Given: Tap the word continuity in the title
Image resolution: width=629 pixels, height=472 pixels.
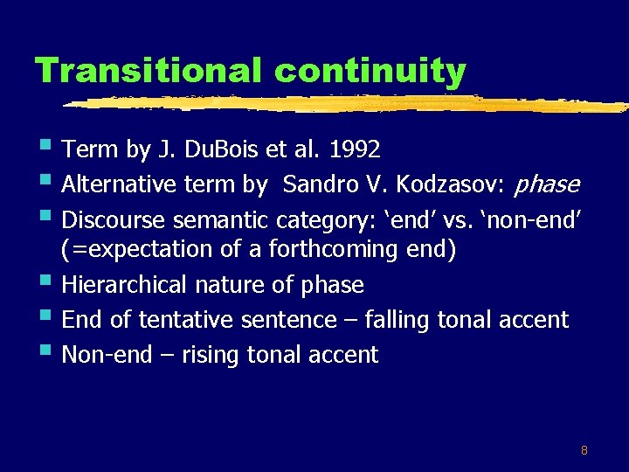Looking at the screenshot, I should (x=364, y=70).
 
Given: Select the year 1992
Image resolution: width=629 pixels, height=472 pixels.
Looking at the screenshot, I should (x=355, y=149).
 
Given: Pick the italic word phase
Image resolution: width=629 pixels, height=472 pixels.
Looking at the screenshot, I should (x=547, y=184).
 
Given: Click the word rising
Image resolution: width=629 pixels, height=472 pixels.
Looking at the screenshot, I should (x=211, y=354).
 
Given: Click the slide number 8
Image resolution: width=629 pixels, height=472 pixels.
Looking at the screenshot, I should (x=584, y=451).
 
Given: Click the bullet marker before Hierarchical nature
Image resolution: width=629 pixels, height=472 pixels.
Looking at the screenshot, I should (x=45, y=282).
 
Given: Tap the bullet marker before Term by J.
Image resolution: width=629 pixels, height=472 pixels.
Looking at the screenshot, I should (x=45, y=147).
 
